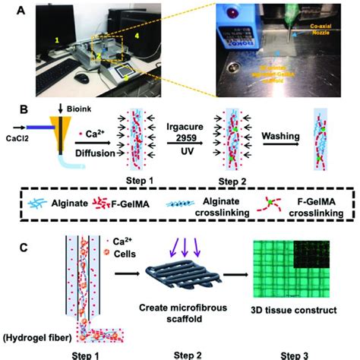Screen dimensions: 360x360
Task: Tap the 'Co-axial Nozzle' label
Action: coord(324,31)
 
